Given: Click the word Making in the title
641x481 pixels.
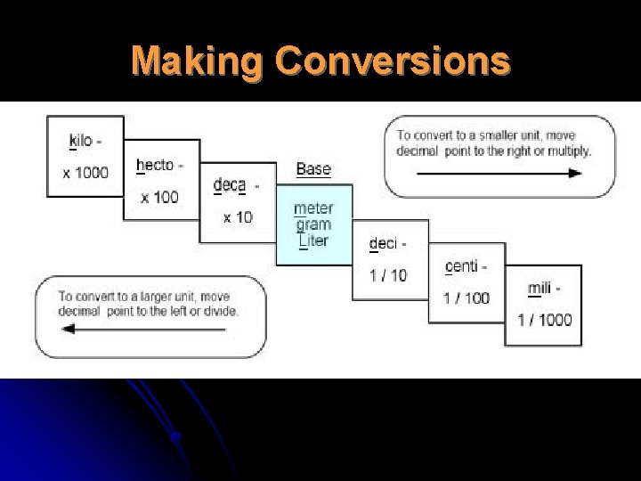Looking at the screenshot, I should (197, 61).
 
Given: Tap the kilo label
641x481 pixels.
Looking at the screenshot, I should (83, 141).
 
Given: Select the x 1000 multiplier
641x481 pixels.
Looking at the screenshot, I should (85, 172).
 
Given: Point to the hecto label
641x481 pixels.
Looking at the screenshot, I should (158, 165).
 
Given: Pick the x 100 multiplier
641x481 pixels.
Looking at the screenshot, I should (159, 196).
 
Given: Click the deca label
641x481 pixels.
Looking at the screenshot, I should (231, 185).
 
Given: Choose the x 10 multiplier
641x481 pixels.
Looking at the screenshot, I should (238, 217).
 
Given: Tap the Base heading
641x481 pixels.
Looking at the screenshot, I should (313, 168).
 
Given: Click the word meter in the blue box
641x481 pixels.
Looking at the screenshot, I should (313, 209).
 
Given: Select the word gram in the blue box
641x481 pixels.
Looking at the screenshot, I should (313, 225).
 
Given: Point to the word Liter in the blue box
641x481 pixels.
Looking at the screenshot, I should (313, 240).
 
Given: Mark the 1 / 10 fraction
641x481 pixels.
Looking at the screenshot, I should (388, 275).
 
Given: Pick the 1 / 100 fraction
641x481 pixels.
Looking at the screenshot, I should (467, 298).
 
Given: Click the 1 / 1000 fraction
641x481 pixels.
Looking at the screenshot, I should (544, 320).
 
